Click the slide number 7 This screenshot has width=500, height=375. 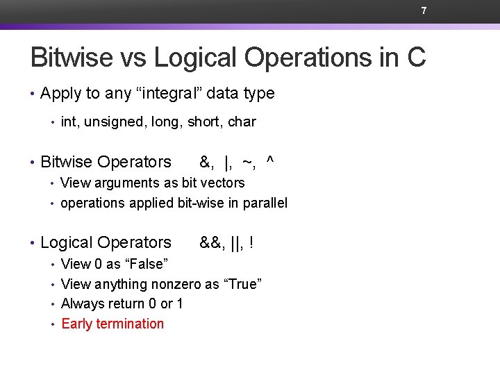(423, 10)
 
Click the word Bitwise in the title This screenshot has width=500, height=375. (72, 58)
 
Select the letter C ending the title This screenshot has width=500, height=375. (416, 58)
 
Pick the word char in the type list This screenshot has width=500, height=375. (242, 122)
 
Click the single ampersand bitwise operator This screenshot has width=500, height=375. (205, 162)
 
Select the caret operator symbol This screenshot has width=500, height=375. (270, 160)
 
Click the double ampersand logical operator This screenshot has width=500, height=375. (210, 242)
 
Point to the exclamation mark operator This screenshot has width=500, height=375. (251, 242)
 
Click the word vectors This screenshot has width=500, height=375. (223, 183)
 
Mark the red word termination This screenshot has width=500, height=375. (130, 324)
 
